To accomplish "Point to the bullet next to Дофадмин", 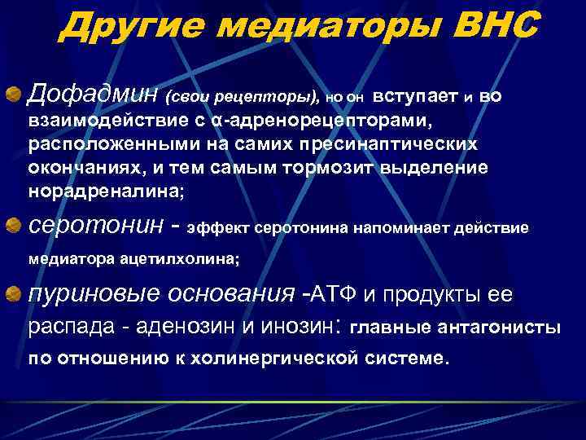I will tap(15, 97).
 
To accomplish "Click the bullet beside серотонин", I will tap(15, 223).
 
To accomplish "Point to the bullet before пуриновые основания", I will tap(15, 293).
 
